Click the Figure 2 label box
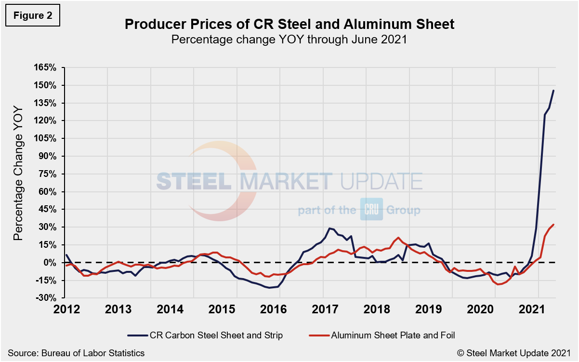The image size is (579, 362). [33, 15]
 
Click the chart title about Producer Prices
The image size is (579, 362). [289, 24]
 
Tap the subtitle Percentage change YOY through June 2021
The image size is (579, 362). [289, 40]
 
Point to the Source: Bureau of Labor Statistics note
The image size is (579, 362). [76, 353]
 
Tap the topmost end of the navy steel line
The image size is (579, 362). [553, 91]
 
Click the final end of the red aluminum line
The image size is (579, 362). [553, 225]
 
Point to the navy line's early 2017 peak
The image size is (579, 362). [329, 228]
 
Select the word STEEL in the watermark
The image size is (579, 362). [195, 182]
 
